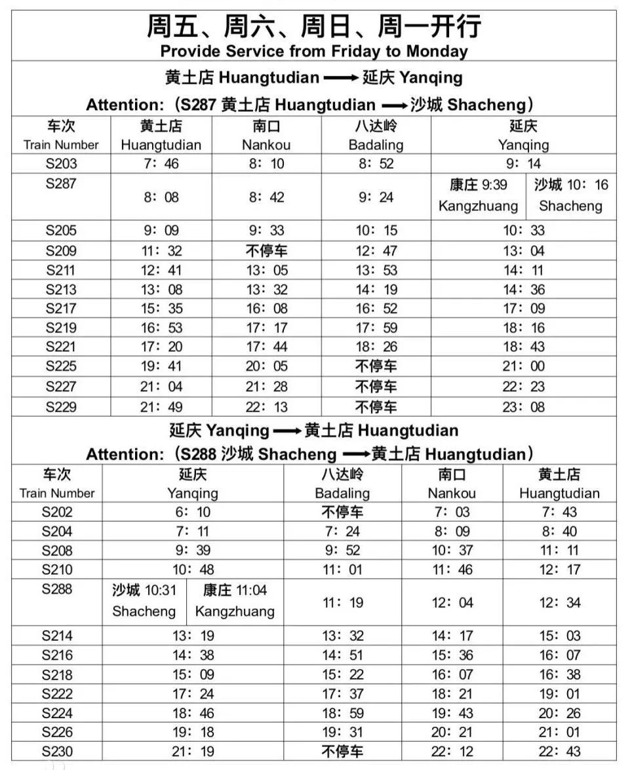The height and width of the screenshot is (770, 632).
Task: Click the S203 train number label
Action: [x=61, y=164]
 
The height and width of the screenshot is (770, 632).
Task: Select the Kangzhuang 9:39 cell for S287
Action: [x=478, y=196]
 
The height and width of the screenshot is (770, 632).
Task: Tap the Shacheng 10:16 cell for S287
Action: [x=570, y=196]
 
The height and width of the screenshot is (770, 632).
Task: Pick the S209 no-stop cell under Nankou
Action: [x=266, y=250]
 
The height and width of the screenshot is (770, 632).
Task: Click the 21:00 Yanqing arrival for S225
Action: [x=523, y=366]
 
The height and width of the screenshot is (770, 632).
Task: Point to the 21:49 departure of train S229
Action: [x=161, y=407]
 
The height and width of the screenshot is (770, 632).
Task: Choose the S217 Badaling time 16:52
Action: [x=376, y=309]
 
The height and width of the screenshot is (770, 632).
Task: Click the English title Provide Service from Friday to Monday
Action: [x=314, y=51]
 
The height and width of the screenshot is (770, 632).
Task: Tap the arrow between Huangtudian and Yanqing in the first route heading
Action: [x=341, y=78]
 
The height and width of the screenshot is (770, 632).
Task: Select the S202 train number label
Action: [x=57, y=512]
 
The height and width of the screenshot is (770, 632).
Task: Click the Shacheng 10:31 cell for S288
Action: [x=144, y=600]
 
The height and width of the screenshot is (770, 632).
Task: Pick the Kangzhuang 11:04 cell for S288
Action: [x=235, y=600]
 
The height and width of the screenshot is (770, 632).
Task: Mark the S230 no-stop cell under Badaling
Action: [x=342, y=751]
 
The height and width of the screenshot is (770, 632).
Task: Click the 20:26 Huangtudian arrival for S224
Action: [x=559, y=713]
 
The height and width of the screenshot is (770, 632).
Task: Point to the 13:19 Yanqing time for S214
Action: [x=193, y=636]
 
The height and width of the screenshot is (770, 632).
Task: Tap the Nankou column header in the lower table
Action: [x=452, y=484]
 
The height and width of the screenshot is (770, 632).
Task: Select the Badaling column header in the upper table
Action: [x=376, y=135]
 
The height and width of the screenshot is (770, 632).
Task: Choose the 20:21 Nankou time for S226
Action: [x=452, y=732]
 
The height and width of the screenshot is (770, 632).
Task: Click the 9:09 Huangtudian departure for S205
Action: [x=161, y=231]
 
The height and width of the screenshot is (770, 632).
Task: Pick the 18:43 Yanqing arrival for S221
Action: [x=523, y=347]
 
